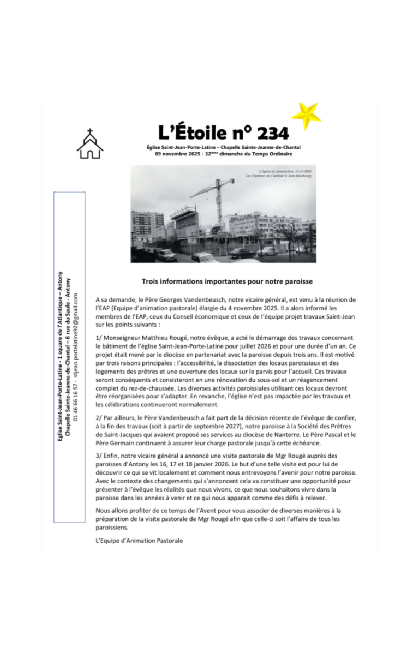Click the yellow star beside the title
306,115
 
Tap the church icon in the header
90,144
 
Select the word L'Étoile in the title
190,133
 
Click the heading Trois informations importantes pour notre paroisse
226,281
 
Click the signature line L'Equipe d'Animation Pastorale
139,541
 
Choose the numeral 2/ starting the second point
98,417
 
